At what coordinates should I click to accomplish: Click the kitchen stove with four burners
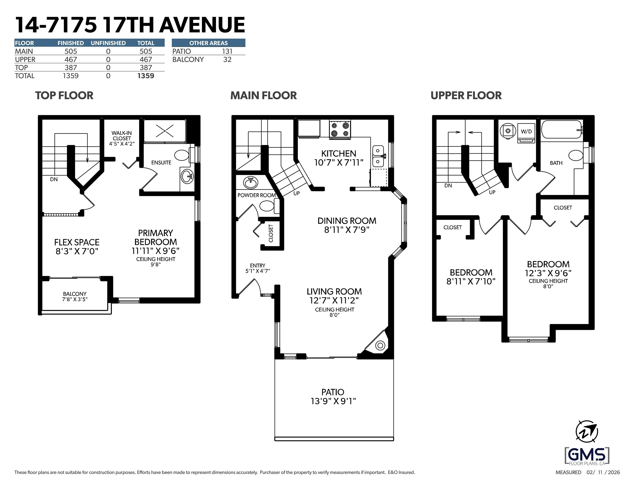coord(340,130)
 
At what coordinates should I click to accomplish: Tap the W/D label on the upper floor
coord(526,132)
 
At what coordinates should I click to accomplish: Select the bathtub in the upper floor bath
coord(562,130)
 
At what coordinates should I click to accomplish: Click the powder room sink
coord(250,182)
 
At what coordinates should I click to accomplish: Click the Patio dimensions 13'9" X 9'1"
coord(333,401)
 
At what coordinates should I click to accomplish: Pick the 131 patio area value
coord(227,51)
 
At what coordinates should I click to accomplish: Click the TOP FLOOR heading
coord(64,95)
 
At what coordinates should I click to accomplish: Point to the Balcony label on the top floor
coord(75,294)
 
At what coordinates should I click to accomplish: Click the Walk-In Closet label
coord(122,136)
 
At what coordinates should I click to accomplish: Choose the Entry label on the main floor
coord(258,265)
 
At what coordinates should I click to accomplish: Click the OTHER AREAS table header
coord(208,43)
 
